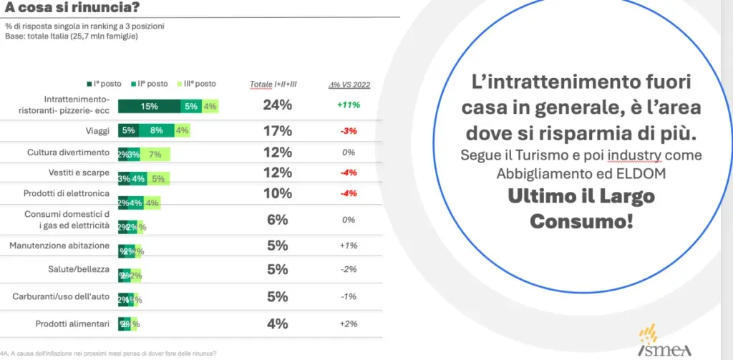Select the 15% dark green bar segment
pyautogui.click(x=149, y=107)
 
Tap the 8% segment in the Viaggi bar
pyautogui.click(x=157, y=130)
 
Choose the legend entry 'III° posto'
pyautogui.click(x=198, y=84)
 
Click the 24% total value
pyautogui.click(x=277, y=105)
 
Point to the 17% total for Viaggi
pyautogui.click(x=277, y=130)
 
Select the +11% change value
pyautogui.click(x=349, y=105)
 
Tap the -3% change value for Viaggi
pyautogui.click(x=349, y=131)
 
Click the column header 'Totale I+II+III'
pyautogui.click(x=273, y=84)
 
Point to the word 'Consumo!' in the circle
pyautogui.click(x=581, y=220)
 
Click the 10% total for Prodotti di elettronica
pyautogui.click(x=277, y=193)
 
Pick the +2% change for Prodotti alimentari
pyautogui.click(x=349, y=323)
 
